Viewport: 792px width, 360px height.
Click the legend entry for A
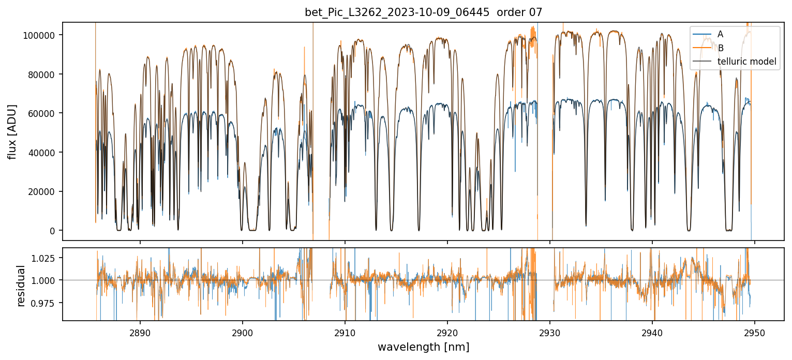pos(720,34)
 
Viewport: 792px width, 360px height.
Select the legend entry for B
pos(720,48)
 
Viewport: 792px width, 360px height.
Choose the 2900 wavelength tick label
pos(243,332)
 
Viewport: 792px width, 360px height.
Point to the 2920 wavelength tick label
pos(447,332)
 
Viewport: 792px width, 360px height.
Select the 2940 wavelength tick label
pos(652,332)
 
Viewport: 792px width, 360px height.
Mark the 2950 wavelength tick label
pos(755,332)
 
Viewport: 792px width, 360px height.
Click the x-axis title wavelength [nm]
pos(423,347)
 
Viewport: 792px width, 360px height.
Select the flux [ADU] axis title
pos(12,131)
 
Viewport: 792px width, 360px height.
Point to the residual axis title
pos(21,286)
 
